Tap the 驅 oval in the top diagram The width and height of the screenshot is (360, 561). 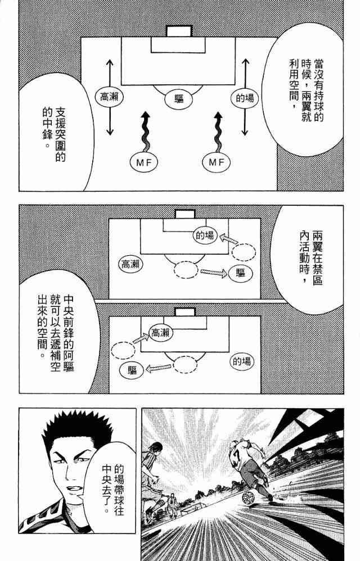179,99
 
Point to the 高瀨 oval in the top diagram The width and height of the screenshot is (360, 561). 109,97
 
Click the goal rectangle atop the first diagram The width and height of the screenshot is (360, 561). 179,31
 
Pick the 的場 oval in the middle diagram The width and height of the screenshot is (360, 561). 205,235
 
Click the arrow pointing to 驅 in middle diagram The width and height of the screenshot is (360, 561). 213,272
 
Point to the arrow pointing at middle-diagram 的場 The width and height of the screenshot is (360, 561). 227,238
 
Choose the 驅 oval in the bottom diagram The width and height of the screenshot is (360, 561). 132,370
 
